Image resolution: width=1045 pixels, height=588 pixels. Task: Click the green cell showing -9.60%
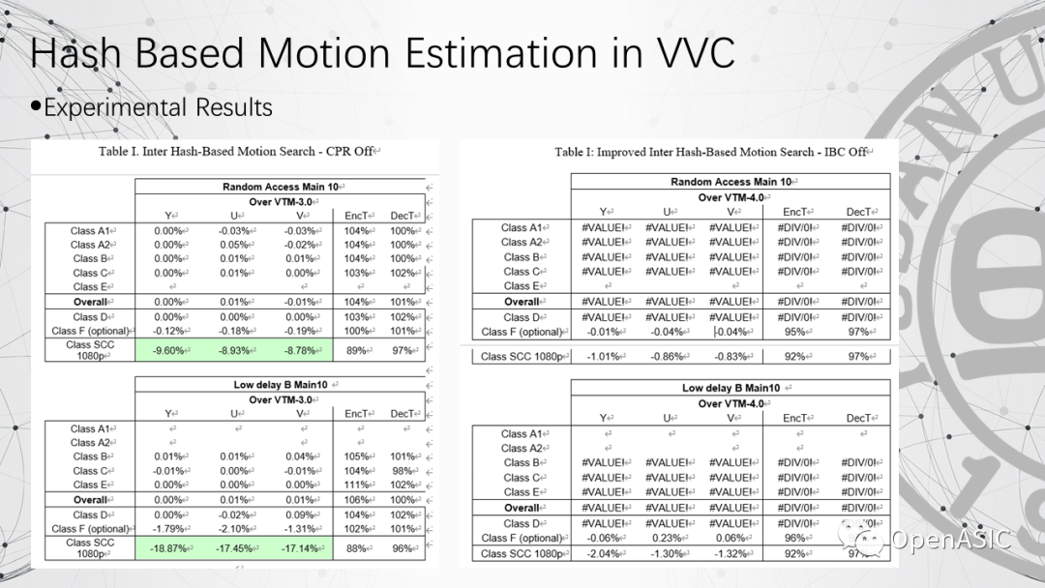[169, 350]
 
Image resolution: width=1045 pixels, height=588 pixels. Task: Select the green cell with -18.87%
[169, 548]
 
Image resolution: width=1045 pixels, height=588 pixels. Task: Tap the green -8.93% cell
[235, 350]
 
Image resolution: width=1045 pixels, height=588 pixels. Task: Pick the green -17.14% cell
[301, 548]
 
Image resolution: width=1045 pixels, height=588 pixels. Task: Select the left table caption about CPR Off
[239, 152]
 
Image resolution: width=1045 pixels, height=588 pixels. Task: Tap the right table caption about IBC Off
[711, 152]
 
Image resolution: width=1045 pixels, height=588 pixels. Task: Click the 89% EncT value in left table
[355, 350]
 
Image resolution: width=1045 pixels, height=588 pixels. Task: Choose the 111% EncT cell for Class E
[355, 485]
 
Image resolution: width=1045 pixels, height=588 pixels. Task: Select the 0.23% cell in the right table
[667, 538]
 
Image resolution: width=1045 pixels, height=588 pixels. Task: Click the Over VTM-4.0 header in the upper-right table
[730, 196]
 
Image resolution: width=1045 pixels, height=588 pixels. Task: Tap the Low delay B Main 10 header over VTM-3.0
[278, 385]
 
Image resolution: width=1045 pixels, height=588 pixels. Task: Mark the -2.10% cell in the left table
[235, 529]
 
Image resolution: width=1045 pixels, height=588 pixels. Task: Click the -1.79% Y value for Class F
[169, 529]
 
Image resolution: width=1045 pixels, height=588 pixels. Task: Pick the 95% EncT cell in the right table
[793, 332]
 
